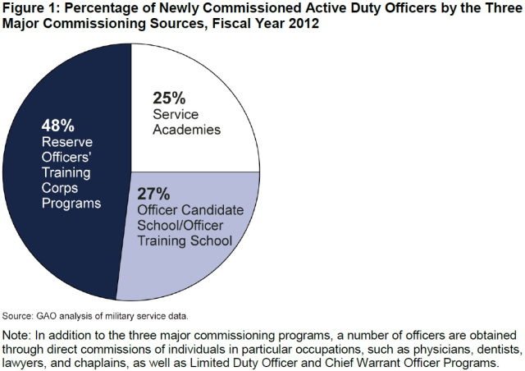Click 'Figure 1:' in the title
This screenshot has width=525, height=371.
tap(32, 10)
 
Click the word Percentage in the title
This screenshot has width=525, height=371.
tap(108, 10)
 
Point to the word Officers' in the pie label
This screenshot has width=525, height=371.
tap(68, 158)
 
